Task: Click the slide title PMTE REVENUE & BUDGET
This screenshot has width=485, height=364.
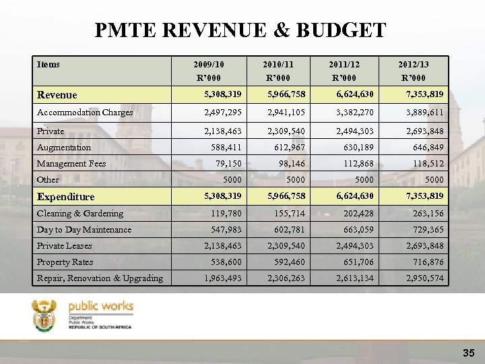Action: point(240,30)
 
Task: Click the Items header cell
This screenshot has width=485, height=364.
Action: point(48,65)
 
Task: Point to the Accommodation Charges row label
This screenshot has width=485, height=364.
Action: point(85,113)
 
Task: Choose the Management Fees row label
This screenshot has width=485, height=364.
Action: point(71,164)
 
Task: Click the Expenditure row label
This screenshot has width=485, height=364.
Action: point(66,197)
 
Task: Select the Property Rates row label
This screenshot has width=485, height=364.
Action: point(65,262)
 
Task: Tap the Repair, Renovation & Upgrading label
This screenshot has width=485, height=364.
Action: point(100,278)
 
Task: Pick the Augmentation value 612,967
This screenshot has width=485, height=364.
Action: point(291,148)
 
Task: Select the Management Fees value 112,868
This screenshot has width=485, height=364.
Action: point(360,164)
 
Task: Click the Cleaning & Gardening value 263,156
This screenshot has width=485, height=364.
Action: point(428,214)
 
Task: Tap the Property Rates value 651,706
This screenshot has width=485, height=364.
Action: point(360,262)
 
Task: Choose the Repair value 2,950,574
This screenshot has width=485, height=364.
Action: point(424,278)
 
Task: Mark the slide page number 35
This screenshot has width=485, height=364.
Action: point(469,353)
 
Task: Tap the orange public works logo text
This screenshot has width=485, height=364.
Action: point(101,307)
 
